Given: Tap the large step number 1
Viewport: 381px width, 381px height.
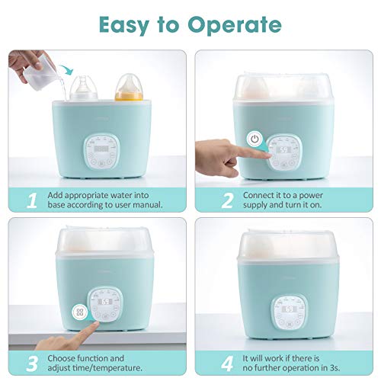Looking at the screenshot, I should point(31,200).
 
